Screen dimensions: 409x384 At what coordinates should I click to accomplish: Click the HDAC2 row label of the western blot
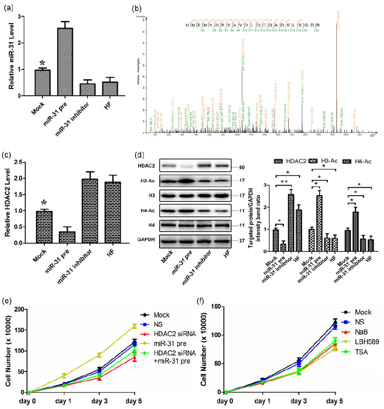click(145, 167)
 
